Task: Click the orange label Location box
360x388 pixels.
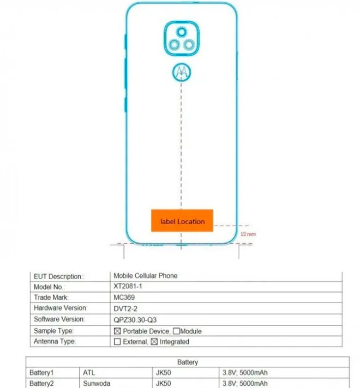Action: click(x=182, y=221)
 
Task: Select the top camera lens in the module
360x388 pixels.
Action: click(x=182, y=32)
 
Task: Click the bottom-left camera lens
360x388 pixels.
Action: click(x=174, y=45)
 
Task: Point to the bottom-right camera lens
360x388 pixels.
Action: click(x=189, y=45)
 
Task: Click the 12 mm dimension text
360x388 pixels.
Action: click(x=248, y=234)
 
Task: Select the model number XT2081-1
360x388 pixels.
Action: click(x=128, y=286)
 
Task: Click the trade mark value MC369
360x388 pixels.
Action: click(x=124, y=297)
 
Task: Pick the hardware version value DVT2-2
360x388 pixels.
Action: click(x=125, y=308)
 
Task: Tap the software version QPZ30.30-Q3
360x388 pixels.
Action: click(x=135, y=320)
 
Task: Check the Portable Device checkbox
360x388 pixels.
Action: click(x=117, y=331)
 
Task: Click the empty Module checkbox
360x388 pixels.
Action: click(x=176, y=331)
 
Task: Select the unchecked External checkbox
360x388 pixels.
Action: click(x=117, y=342)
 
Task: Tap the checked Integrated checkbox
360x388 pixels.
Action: click(x=154, y=342)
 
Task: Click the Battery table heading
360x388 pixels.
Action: click(x=188, y=362)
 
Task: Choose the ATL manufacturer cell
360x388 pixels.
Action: click(x=89, y=372)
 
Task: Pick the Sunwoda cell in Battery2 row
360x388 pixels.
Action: click(x=97, y=383)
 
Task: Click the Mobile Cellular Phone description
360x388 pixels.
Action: click(x=146, y=276)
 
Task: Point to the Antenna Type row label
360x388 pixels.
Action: click(x=55, y=342)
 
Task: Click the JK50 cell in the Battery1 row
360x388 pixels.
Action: click(x=163, y=372)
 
